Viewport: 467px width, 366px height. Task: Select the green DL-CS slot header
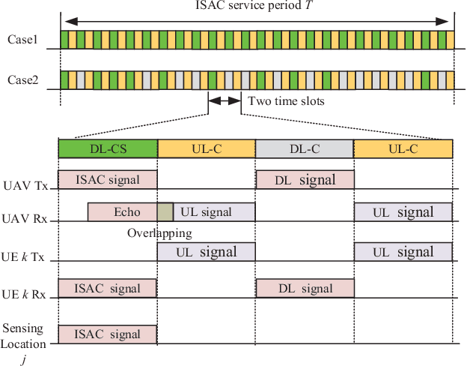pyautogui.click(x=108, y=148)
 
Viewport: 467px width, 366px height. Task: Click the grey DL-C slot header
pyautogui.click(x=305, y=148)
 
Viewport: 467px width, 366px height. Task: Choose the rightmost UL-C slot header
pyautogui.click(x=403, y=148)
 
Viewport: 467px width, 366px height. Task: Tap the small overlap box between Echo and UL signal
pyautogui.click(x=165, y=211)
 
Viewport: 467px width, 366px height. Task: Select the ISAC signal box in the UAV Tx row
pyautogui.click(x=108, y=179)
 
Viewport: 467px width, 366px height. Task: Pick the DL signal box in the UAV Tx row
pyautogui.click(x=305, y=179)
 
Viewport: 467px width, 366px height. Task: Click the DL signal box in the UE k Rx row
pyautogui.click(x=305, y=288)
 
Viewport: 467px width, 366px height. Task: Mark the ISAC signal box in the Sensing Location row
pyautogui.click(x=108, y=333)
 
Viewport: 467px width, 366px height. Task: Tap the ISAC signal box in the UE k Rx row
pyautogui.click(x=108, y=288)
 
